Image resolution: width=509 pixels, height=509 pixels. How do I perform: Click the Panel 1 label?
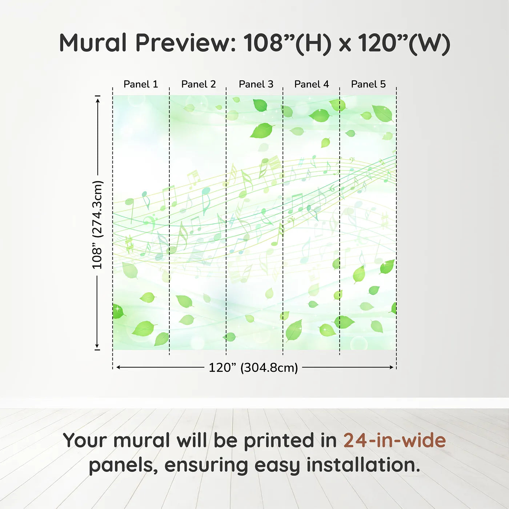click(141, 84)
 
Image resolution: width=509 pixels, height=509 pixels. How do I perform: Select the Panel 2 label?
click(199, 84)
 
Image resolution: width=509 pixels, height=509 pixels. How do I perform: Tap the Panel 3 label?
click(256, 84)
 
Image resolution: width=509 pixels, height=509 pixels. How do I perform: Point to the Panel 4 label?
click(312, 84)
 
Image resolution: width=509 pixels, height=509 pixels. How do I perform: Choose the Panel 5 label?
click(368, 84)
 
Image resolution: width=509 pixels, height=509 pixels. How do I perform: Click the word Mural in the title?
click(93, 43)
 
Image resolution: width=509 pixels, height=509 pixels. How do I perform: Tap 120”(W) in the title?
click(404, 43)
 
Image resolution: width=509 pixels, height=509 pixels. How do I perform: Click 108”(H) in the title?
click(288, 43)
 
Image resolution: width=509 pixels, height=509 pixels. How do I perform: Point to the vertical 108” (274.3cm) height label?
click(97, 225)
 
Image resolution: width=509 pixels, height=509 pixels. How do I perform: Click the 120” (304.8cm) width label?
click(253, 368)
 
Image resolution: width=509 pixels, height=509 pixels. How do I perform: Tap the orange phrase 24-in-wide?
click(394, 440)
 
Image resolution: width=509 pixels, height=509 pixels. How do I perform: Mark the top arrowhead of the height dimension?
click(97, 99)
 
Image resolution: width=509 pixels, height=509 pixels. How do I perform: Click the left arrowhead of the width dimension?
click(119, 367)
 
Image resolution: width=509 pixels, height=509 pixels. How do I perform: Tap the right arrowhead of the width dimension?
click(391, 367)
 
